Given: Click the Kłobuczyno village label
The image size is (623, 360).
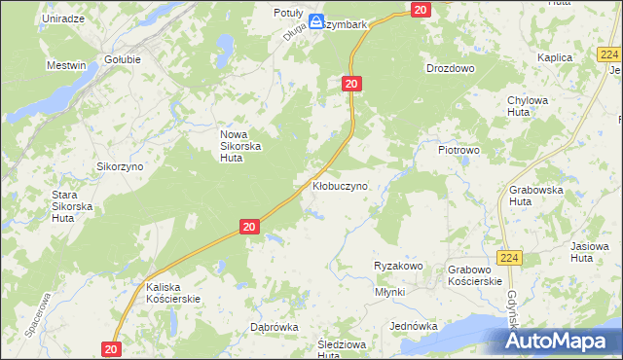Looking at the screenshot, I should [x=340, y=185].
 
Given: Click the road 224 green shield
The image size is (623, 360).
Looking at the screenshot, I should [x=509, y=258].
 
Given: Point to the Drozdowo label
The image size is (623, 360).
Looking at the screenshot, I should [x=450, y=69].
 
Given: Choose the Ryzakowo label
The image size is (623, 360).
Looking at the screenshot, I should [x=397, y=266].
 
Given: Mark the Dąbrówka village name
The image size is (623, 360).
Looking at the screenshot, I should [x=274, y=327].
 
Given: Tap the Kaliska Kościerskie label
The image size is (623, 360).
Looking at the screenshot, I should [x=173, y=293].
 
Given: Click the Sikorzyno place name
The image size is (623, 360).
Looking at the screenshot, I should [x=120, y=166].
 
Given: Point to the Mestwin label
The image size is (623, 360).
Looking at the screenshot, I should [x=66, y=65].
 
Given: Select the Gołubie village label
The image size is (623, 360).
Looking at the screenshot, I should [x=123, y=59].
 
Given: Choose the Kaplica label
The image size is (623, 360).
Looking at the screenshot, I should [x=554, y=57].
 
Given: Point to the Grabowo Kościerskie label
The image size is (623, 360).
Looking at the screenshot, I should [x=475, y=274].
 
